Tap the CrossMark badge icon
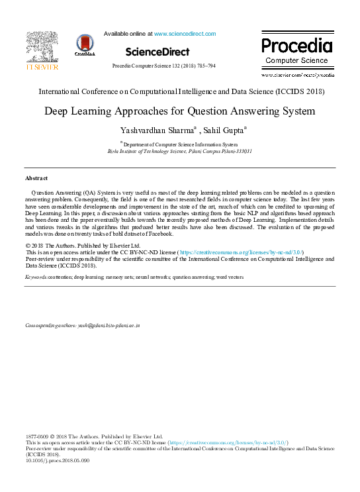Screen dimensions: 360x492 coord(85,44)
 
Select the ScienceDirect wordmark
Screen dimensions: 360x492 coord(157,51)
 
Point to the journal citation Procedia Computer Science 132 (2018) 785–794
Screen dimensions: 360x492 coord(163,66)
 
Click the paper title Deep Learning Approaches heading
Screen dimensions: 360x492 coord(179,111)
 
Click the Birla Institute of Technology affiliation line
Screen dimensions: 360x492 coord(179,151)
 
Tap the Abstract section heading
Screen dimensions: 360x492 coord(36,179)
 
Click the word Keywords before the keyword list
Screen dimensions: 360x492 coord(36,276)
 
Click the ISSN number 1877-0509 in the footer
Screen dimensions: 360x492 coord(38,437)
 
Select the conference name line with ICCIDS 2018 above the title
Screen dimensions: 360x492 coord(179,91)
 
